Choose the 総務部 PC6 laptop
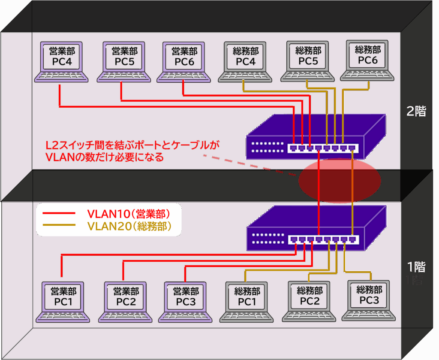(x=367, y=60)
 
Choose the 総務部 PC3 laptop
(x=369, y=299)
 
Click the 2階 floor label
(x=416, y=111)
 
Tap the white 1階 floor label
(x=416, y=267)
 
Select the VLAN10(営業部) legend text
(x=128, y=213)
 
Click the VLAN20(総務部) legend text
(x=129, y=226)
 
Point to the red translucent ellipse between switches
(x=340, y=180)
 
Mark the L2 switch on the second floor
(x=315, y=137)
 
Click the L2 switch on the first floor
(x=315, y=230)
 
